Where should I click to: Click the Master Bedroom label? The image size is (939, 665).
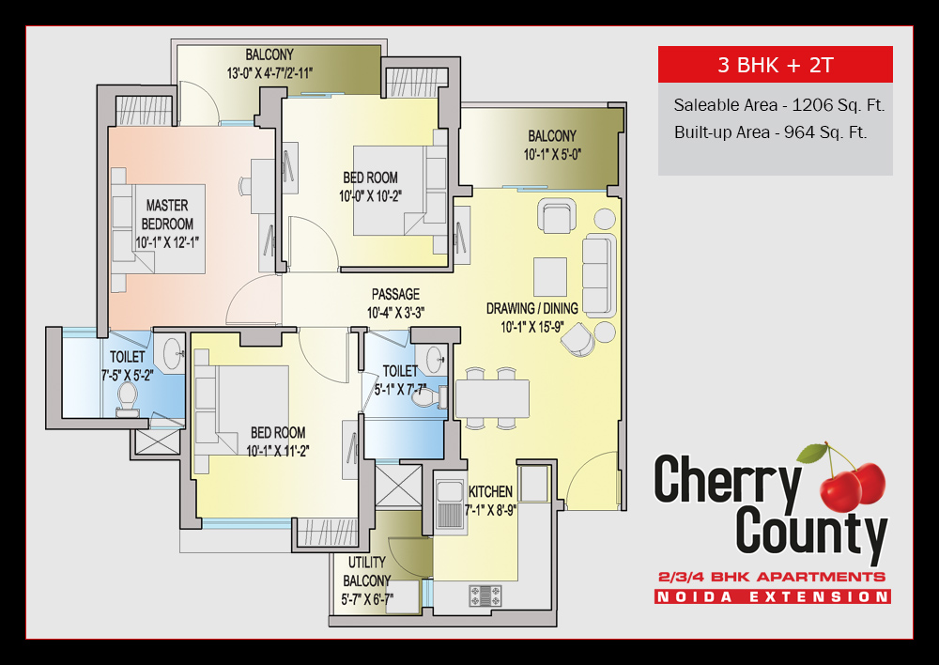(x=167, y=214)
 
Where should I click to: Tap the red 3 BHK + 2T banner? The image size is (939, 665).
(x=775, y=65)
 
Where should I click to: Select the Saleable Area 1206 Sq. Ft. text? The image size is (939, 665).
(x=778, y=105)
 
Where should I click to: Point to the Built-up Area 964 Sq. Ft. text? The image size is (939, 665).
(x=770, y=132)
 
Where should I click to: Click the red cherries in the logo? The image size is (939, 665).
(x=851, y=482)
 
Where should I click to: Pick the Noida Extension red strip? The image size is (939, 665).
(x=772, y=596)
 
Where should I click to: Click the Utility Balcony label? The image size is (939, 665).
(x=366, y=581)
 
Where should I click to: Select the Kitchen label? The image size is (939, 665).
(x=490, y=491)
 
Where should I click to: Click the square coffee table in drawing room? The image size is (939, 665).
(x=549, y=277)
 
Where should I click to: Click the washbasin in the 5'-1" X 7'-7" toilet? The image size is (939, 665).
(x=435, y=359)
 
